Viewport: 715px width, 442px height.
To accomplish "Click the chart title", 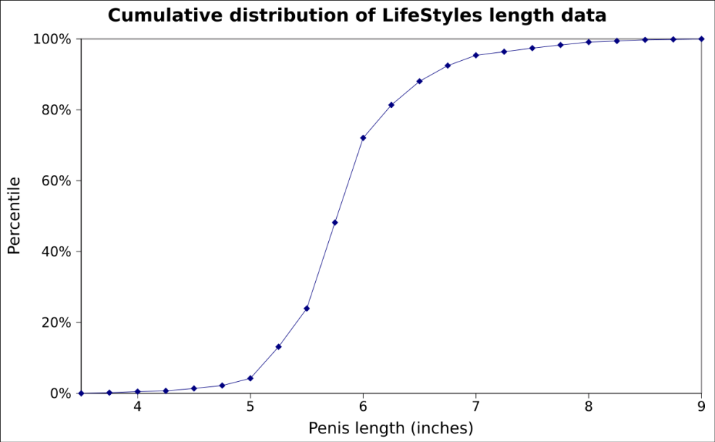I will pyautogui.click(x=357, y=14).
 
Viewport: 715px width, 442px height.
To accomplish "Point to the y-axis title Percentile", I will pyautogui.click(x=14, y=216).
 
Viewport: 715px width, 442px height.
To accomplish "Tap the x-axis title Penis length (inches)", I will pyautogui.click(x=390, y=428).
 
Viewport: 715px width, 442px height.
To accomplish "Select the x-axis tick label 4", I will pyautogui.click(x=137, y=407).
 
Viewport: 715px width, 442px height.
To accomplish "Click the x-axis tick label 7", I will pyautogui.click(x=475, y=407).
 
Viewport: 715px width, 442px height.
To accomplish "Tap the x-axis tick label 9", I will pyautogui.click(x=701, y=407).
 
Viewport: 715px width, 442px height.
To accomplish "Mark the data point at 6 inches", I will pyautogui.click(x=363, y=138).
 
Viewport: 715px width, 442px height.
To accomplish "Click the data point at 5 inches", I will pyautogui.click(x=250, y=378).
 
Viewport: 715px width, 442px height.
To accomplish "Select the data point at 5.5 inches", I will pyautogui.click(x=306, y=309).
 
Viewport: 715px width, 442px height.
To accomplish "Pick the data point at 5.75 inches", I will pyautogui.click(x=335, y=222).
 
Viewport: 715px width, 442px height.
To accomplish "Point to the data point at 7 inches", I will pyautogui.click(x=476, y=55).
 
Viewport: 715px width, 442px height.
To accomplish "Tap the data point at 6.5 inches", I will pyautogui.click(x=419, y=81).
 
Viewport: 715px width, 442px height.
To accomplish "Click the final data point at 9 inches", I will pyautogui.click(x=701, y=39).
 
